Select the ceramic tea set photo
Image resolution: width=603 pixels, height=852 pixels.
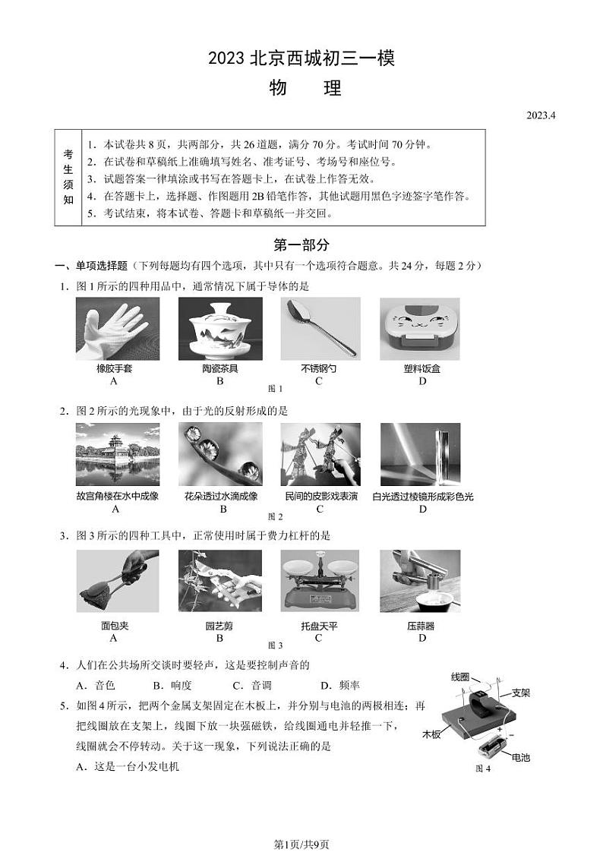coord(220,329)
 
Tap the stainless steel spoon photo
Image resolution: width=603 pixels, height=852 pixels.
coord(320,329)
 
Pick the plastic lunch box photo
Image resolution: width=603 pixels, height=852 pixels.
coord(420,329)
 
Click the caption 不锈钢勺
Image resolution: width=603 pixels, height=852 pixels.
coord(319,369)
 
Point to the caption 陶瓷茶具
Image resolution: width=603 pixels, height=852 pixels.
coord(219,369)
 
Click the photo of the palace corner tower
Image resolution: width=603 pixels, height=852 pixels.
coord(118,454)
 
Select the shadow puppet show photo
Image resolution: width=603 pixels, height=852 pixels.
coord(320,454)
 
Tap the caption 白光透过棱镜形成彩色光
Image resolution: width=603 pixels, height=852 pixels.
coord(423,497)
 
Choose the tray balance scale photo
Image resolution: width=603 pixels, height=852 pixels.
coord(320,581)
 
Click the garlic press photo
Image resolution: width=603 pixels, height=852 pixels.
coord(420,581)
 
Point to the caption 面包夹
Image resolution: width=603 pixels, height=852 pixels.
coord(115,626)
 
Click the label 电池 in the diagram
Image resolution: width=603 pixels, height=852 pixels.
coord(521,757)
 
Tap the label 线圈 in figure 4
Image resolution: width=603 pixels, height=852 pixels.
coord(460,677)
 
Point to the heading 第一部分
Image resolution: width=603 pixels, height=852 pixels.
coord(301,245)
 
